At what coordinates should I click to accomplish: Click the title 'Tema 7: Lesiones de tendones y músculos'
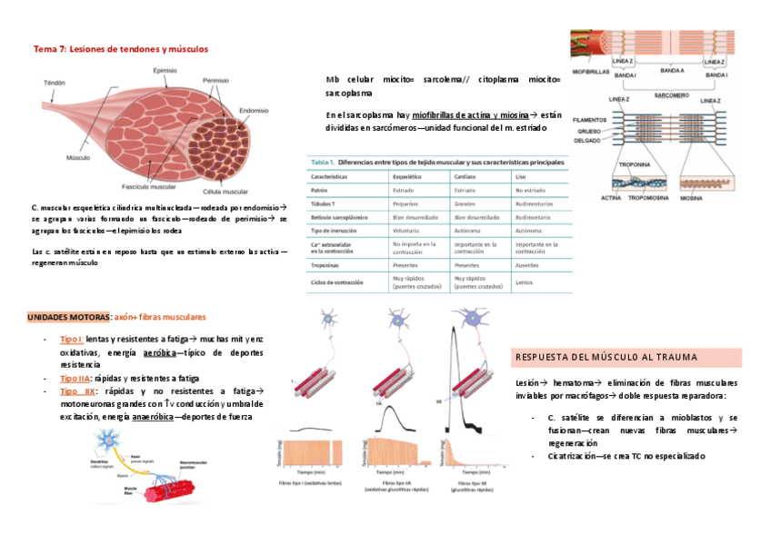(121, 47)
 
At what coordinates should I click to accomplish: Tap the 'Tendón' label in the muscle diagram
(55, 83)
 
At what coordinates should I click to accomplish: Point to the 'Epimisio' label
(165, 70)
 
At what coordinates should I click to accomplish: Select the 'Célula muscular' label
(225, 192)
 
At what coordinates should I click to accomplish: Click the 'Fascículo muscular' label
(150, 187)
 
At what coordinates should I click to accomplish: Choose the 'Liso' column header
(522, 178)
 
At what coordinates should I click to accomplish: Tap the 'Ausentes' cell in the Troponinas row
(528, 264)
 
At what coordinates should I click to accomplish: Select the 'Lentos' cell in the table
(524, 282)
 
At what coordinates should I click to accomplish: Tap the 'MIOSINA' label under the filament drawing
(694, 197)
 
